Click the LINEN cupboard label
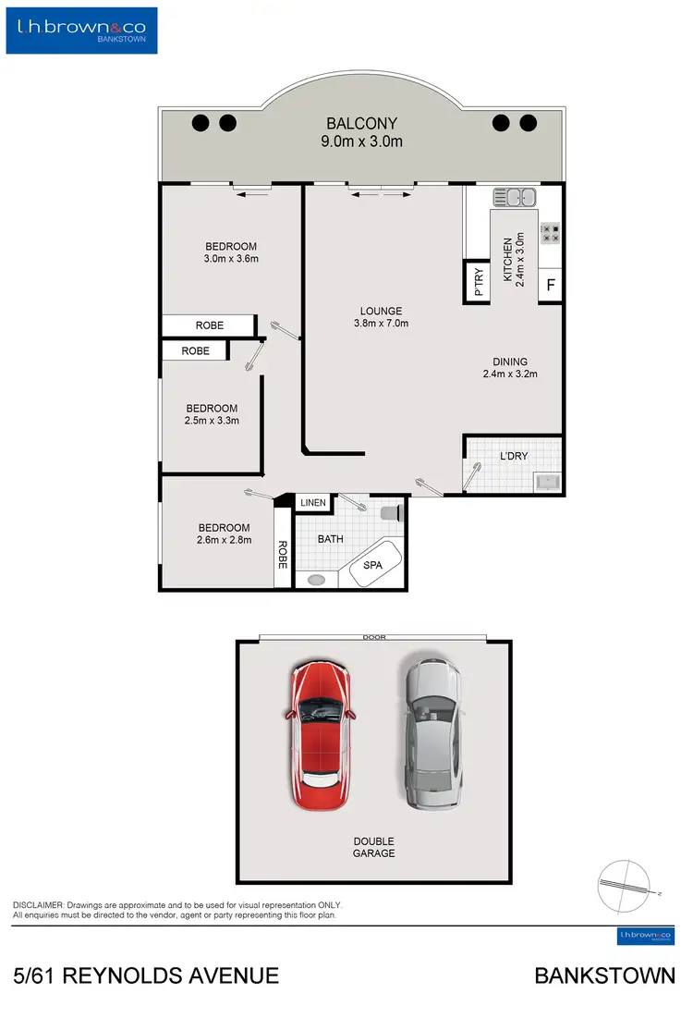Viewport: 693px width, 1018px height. (x=313, y=503)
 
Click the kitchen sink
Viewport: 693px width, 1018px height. (x=515, y=197)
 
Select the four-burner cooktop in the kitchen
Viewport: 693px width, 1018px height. (x=551, y=233)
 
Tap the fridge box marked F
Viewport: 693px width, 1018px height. (x=551, y=285)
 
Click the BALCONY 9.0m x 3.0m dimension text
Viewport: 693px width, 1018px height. (x=361, y=141)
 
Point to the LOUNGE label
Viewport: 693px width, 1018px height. (x=381, y=311)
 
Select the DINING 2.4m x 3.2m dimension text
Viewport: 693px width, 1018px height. (x=509, y=374)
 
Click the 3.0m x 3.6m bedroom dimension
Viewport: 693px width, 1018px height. (x=231, y=259)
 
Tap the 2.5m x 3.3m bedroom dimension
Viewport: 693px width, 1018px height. (x=212, y=421)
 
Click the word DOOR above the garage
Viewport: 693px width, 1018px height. (x=374, y=637)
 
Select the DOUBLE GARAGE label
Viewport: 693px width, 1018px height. (x=373, y=847)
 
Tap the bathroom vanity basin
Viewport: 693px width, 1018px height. (x=317, y=580)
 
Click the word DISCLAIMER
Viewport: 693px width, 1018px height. (x=38, y=905)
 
